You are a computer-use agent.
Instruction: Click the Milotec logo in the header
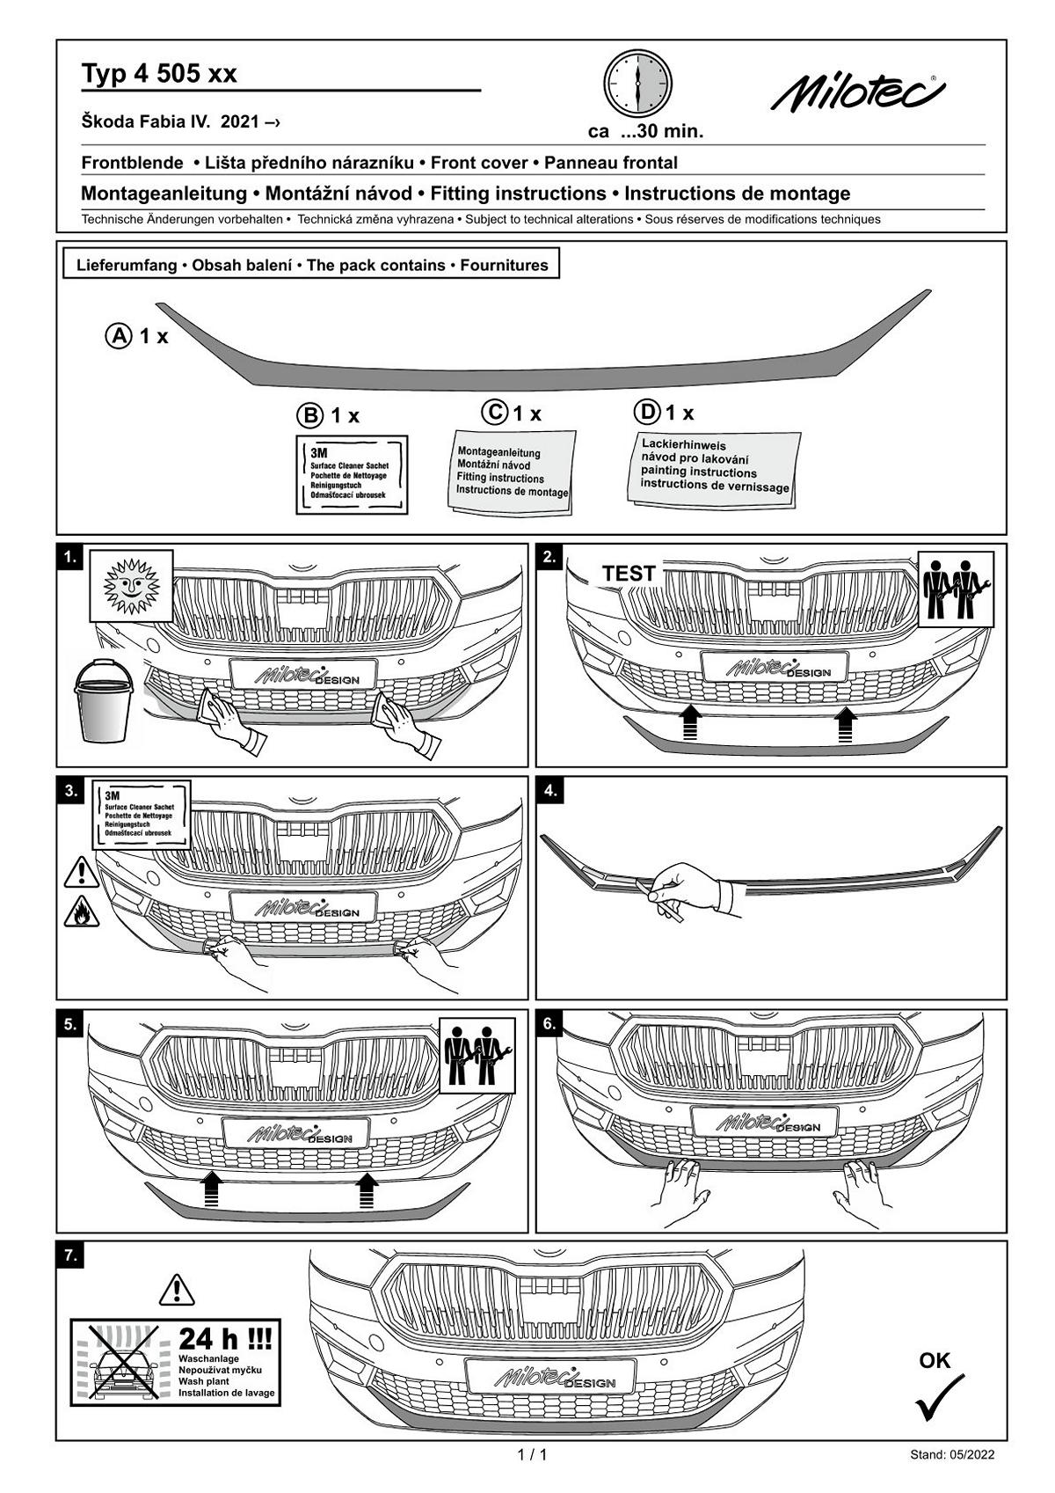tap(857, 92)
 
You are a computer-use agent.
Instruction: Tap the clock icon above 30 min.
tap(637, 84)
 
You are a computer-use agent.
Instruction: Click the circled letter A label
tap(118, 336)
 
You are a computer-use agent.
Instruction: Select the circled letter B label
tap(309, 415)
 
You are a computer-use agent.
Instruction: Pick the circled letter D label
tap(646, 412)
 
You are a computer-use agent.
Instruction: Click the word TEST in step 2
tap(629, 574)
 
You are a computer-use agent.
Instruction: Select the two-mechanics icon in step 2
tap(957, 589)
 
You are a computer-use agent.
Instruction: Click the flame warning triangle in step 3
tap(81, 912)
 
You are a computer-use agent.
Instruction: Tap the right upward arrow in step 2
tap(846, 725)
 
